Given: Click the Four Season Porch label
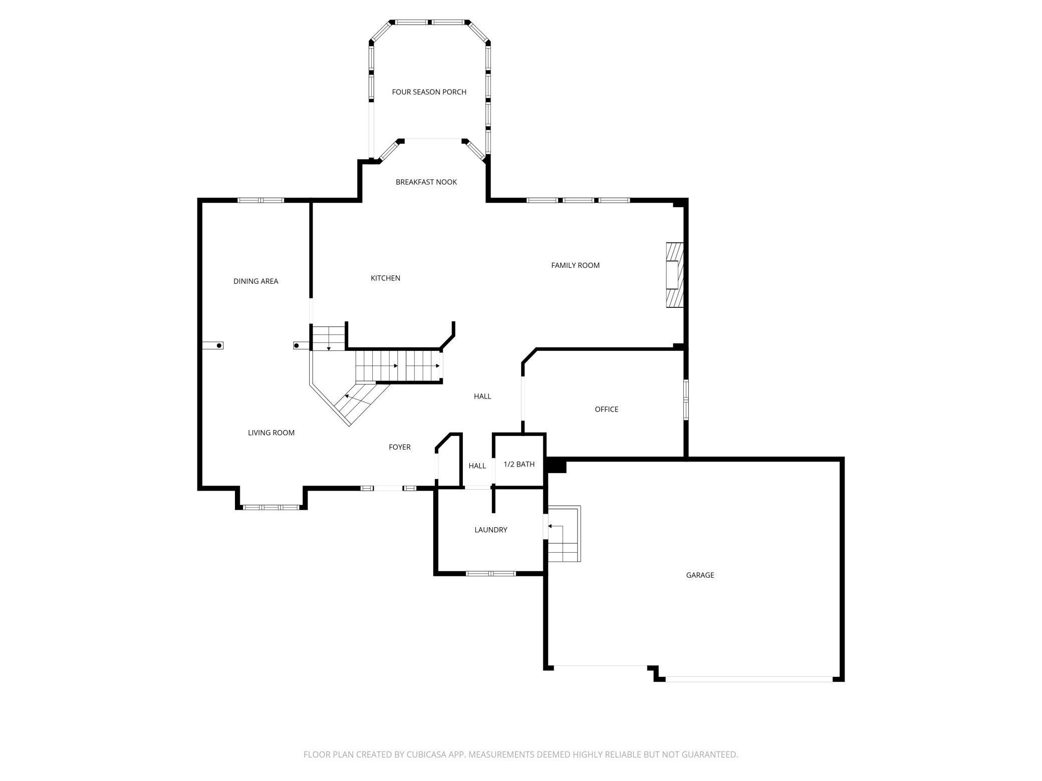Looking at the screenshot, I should [x=429, y=92].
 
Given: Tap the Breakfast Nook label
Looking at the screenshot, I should [x=426, y=182].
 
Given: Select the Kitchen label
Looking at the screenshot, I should [x=385, y=278].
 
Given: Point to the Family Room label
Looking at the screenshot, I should [x=575, y=265].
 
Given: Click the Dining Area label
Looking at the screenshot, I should [x=255, y=281].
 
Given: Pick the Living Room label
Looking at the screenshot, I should [x=271, y=433].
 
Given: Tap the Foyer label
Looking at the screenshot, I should [x=399, y=447].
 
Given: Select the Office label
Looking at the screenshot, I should [x=606, y=410].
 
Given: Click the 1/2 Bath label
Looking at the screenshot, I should [x=519, y=465].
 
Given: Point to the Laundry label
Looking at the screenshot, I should [x=490, y=530].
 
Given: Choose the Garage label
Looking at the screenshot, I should [x=700, y=575].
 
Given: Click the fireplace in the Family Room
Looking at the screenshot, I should [x=674, y=275].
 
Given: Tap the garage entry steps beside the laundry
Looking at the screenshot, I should [x=564, y=534].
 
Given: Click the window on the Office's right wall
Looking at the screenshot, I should [x=686, y=399].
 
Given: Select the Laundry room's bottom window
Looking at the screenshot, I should [x=490, y=573].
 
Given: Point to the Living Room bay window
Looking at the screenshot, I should [x=271, y=507].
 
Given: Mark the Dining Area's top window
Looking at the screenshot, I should [x=260, y=200].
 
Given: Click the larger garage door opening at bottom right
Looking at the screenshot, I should [x=749, y=679].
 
